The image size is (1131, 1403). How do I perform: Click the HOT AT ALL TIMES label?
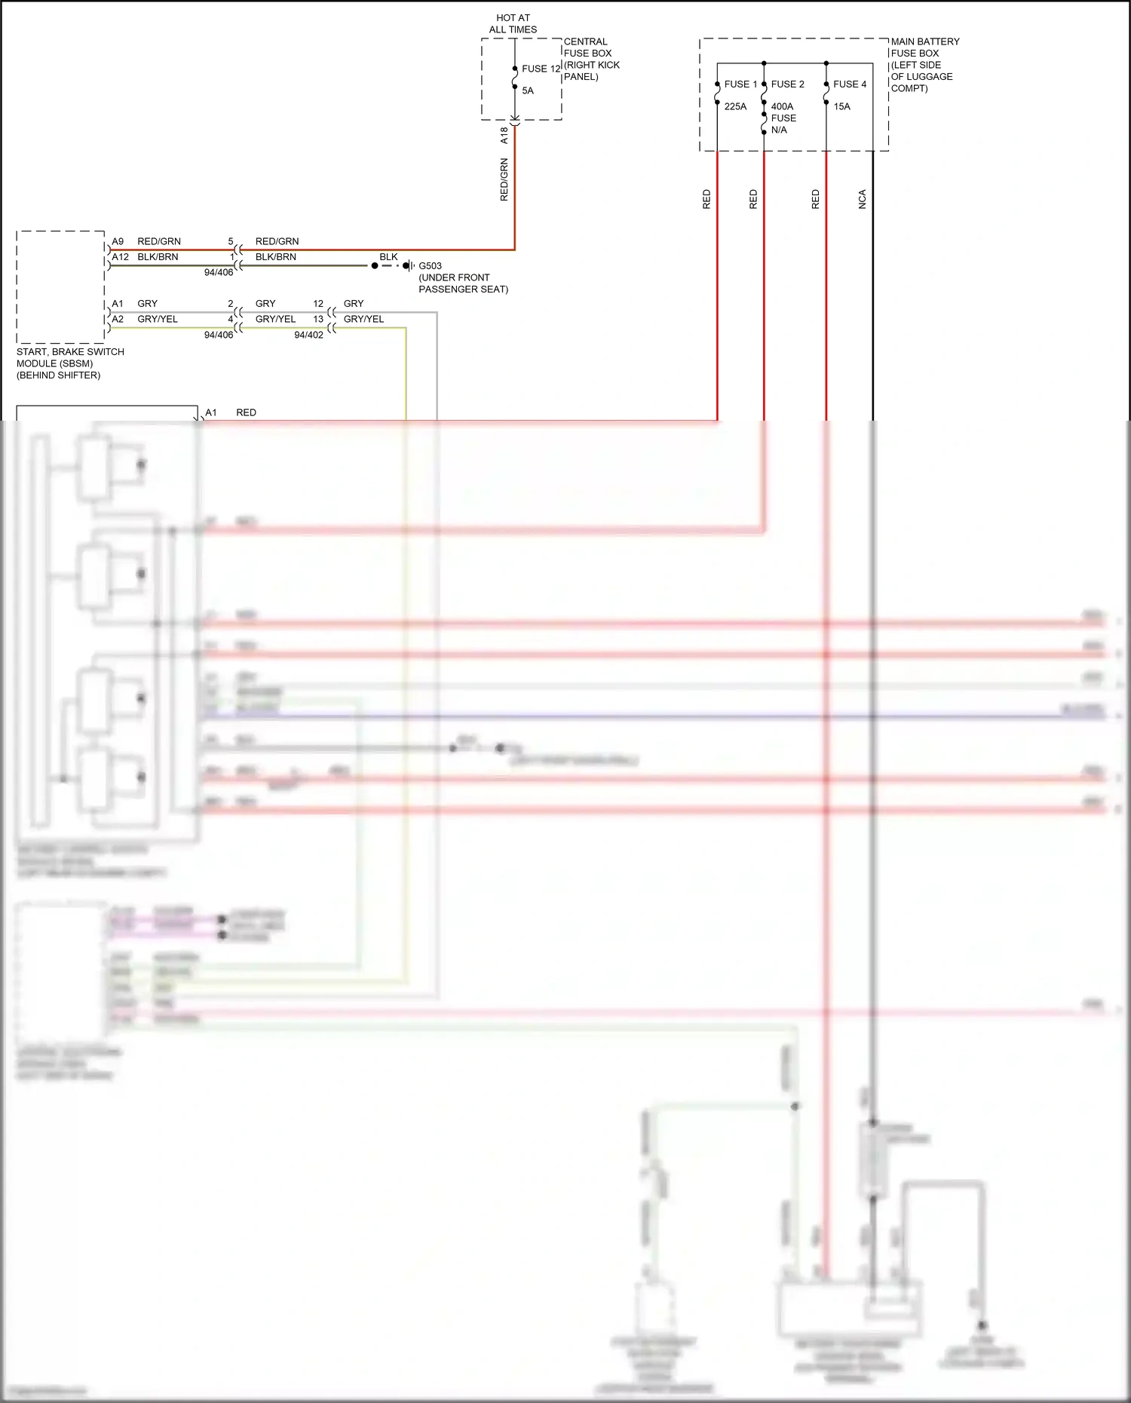coord(513,23)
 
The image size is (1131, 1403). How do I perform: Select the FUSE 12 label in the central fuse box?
coord(541,69)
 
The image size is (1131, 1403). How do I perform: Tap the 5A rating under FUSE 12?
coord(528,90)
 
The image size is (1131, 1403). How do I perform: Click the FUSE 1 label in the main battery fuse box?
coord(740,84)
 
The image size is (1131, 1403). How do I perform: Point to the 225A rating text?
coord(735,106)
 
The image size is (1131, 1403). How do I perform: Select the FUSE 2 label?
coord(787,84)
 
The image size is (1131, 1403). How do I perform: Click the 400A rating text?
coord(782,106)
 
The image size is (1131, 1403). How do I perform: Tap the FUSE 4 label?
coord(850,84)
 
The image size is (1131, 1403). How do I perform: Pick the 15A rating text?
coord(841,106)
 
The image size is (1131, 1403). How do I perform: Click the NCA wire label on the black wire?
coord(863,199)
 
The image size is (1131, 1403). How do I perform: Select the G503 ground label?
coord(431,266)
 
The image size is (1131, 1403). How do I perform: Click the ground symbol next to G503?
coord(408,266)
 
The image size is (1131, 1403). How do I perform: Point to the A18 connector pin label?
coord(504,135)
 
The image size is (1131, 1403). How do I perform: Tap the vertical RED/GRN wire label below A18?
coord(504,179)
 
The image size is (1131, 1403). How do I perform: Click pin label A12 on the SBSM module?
coord(120,257)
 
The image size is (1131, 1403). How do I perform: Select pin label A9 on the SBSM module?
coord(118,241)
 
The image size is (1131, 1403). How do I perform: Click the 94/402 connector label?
coord(308,335)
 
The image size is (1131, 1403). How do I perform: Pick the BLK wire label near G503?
coord(388,257)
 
